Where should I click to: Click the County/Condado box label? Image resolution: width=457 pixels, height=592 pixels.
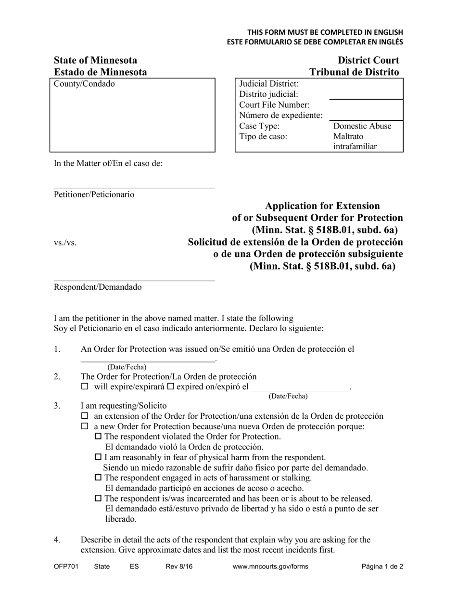[84, 84]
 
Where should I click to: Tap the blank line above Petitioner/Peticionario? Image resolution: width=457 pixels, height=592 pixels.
[134, 188]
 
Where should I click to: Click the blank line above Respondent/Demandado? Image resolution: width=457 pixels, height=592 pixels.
[134, 280]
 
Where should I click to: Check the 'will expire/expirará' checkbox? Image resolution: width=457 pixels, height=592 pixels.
[85, 386]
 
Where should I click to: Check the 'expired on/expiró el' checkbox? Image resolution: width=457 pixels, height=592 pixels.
[170, 386]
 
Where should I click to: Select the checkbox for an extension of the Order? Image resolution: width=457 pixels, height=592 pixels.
[85, 416]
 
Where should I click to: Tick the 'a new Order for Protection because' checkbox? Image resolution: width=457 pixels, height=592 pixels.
[85, 426]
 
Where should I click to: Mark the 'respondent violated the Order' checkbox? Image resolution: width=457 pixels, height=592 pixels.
[99, 437]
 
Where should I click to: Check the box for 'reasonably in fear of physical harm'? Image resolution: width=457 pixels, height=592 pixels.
[99, 457]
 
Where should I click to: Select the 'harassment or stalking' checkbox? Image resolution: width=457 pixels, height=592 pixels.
[99, 478]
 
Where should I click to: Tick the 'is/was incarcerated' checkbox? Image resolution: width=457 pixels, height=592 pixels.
[99, 498]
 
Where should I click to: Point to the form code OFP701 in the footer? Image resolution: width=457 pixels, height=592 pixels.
[66, 567]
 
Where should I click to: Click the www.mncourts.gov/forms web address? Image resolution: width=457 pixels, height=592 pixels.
[270, 567]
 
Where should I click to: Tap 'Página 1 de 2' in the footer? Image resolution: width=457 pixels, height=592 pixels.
[382, 567]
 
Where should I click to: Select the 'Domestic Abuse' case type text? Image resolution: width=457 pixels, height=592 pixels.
[362, 126]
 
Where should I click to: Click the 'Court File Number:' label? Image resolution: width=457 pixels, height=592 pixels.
[274, 105]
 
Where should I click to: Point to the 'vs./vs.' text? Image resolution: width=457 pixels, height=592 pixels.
[65, 243]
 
